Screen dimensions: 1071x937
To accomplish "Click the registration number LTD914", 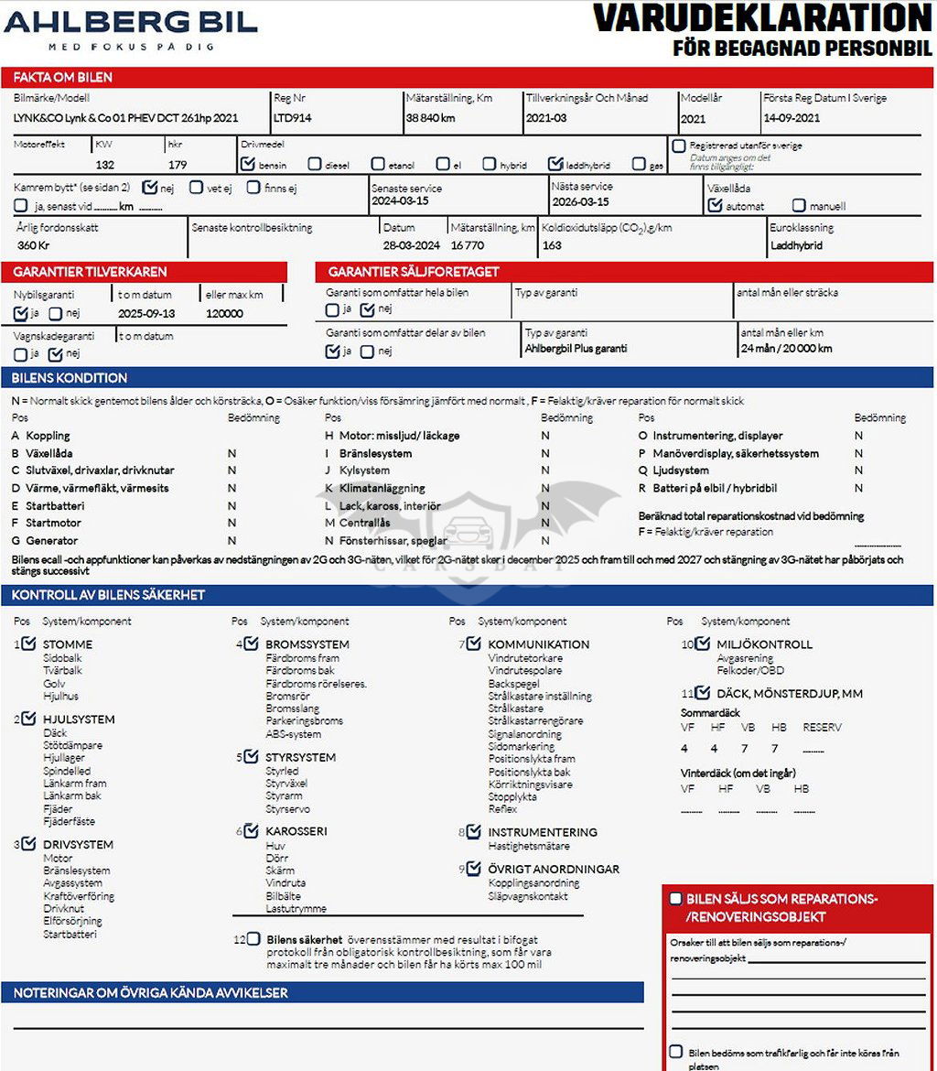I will tap(293, 117).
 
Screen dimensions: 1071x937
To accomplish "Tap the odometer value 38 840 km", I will tap(430, 117).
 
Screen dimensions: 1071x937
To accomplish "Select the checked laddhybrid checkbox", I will tap(555, 164).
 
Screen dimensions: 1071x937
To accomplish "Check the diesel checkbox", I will tap(315, 165).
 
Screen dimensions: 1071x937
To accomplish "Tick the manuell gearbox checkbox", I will tap(799, 206).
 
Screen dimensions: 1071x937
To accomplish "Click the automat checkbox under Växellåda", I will tap(716, 205).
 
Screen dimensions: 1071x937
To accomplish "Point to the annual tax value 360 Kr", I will tap(33, 245).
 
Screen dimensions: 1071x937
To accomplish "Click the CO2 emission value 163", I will tap(552, 245).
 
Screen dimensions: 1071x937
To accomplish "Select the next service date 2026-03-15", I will tap(580, 201).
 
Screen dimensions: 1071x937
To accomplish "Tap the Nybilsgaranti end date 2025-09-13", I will tap(146, 313).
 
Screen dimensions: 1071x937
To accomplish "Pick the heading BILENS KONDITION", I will tap(70, 378).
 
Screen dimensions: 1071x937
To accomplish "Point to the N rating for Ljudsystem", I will tap(858, 471).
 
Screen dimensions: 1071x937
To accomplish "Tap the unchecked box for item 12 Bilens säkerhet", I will tap(253, 939).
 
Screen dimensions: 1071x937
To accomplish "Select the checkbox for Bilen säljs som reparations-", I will tap(675, 899).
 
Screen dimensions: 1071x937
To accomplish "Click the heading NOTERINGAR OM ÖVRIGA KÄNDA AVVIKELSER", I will tap(151, 993).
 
